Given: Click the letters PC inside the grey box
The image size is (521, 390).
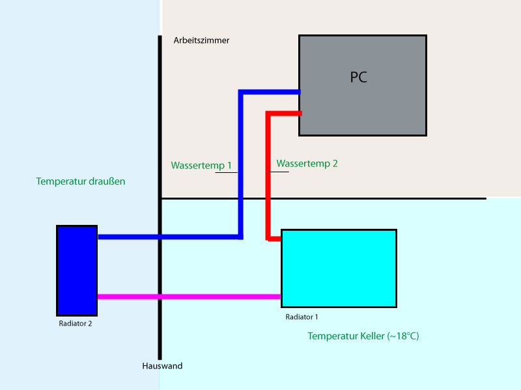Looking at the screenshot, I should (358, 77).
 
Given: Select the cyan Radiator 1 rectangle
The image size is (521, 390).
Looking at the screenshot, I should (339, 268).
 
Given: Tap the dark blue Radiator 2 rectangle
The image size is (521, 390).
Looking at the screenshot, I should (77, 270).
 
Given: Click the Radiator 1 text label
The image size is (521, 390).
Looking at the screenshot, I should (302, 317).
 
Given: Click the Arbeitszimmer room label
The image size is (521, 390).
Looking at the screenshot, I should (201, 40).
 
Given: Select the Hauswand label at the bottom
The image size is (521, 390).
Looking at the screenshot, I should (162, 366).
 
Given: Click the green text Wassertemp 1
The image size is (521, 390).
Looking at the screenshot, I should (201, 166).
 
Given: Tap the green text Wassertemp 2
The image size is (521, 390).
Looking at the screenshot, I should (307, 164).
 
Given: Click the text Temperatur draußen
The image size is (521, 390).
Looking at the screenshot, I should (81, 181).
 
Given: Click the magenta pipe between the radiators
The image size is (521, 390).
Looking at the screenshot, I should (189, 297).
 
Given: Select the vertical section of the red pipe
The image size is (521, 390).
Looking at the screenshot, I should (268, 175).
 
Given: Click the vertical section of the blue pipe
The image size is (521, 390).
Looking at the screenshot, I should (241, 162).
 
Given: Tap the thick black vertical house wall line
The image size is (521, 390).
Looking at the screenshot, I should (160, 130).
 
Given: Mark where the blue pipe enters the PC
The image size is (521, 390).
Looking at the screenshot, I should (298, 92).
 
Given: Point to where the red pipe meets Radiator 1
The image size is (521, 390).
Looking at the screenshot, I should (279, 239).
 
